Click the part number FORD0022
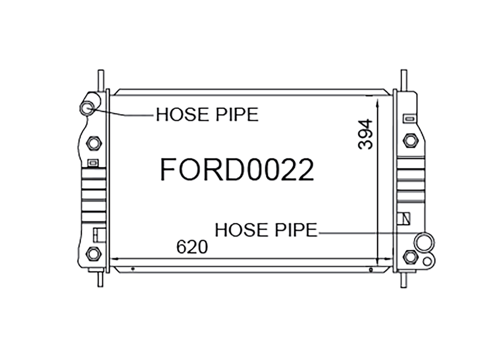237,170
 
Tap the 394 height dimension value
366,134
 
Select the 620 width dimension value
192,247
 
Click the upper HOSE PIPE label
207,114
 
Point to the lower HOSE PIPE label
266,230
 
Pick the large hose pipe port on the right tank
424,242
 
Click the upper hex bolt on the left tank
94,143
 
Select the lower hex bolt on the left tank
94,254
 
